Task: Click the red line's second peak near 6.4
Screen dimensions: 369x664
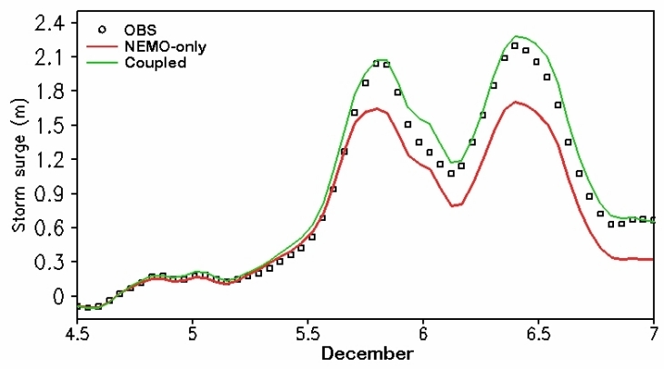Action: click(x=516, y=102)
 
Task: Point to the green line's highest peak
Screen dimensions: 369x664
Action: click(x=516, y=36)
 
